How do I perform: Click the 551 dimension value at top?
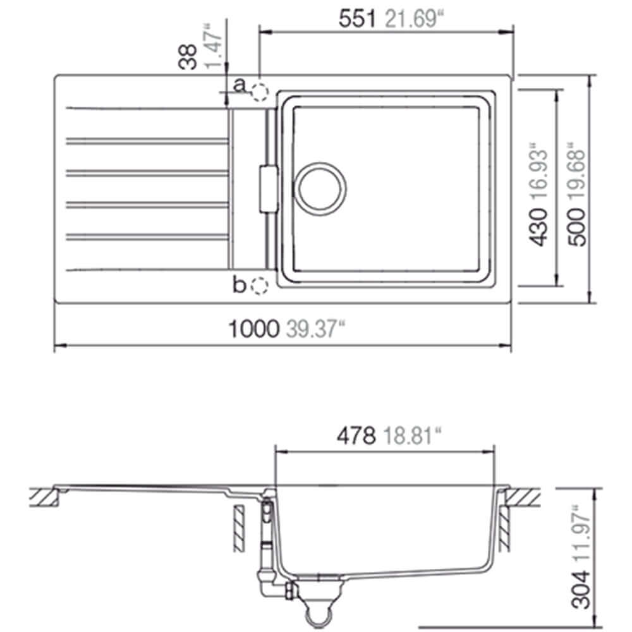[x=357, y=18]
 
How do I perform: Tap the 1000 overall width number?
[x=253, y=329]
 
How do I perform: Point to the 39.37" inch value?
[x=315, y=329]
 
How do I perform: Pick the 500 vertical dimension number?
[x=576, y=226]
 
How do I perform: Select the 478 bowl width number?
[x=356, y=435]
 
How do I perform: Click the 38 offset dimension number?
[x=188, y=57]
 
